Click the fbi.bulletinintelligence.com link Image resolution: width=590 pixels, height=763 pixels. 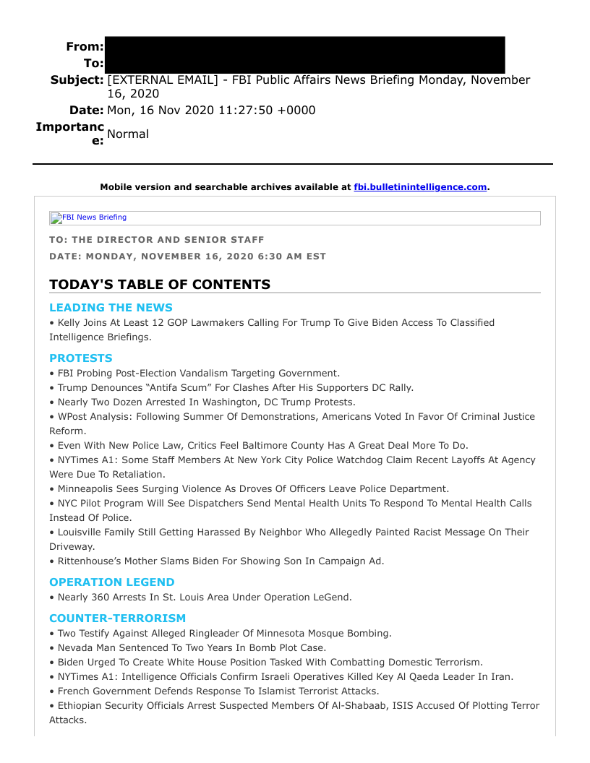coord(420,187)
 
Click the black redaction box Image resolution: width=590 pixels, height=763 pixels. coord(304,55)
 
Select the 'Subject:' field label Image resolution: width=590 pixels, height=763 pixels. coord(77,79)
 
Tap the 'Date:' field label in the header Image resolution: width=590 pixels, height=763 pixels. coord(87,111)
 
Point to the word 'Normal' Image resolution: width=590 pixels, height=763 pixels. coord(128,134)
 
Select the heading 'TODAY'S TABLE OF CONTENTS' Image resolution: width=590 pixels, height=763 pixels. coord(160,284)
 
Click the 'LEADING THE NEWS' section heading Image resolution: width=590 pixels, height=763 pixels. coord(111,308)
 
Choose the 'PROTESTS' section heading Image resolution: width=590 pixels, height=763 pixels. coord(81,358)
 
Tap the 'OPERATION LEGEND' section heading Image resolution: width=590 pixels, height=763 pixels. coord(112,582)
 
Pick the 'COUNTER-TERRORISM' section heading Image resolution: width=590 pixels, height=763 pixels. coord(117,618)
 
